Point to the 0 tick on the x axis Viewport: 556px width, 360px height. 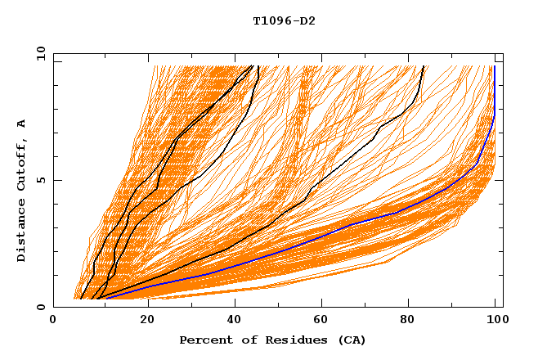[54, 321]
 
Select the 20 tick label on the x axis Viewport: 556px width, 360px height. [142, 321]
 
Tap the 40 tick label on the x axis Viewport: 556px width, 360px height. [231, 321]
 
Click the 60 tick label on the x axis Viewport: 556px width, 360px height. [319, 321]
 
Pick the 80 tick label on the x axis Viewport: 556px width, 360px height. [407, 321]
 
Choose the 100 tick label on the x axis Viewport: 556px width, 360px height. [495, 321]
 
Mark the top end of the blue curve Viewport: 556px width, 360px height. [495, 67]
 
